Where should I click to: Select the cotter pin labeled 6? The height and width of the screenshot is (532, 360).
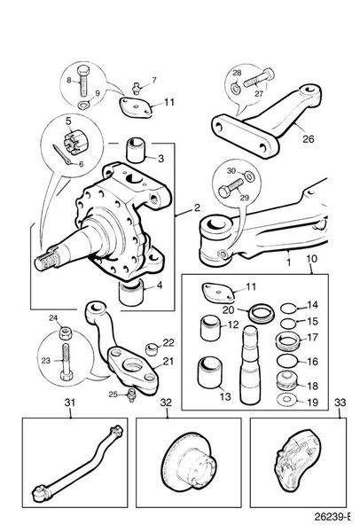point(62,155)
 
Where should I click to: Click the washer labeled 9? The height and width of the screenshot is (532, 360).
point(82,106)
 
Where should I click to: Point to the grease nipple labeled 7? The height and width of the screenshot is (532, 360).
point(137,89)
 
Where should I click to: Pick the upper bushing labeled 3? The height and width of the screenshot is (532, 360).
point(136,150)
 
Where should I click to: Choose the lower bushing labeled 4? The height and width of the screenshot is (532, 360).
point(130,293)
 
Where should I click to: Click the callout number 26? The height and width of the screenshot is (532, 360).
point(309,139)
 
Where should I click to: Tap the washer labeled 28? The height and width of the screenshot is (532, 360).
point(235,89)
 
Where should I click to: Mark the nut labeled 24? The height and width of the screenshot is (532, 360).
point(65,332)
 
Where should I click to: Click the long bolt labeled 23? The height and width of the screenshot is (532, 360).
point(66,363)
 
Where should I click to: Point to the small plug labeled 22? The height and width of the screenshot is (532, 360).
point(152,348)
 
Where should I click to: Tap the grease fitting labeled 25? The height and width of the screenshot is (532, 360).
point(132,395)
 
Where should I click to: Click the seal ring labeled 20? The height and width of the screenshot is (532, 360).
point(262,314)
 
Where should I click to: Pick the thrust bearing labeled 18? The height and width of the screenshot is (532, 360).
point(287,381)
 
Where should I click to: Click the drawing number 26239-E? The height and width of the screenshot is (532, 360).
point(333,517)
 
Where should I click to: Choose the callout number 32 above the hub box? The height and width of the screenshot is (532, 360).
point(166,403)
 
